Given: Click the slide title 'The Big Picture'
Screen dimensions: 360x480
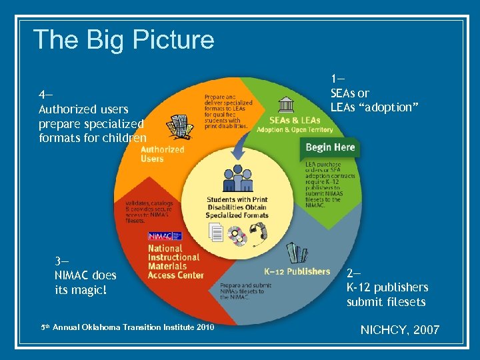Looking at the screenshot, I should [x=123, y=40].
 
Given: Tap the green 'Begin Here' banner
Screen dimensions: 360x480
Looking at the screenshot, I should [x=330, y=147].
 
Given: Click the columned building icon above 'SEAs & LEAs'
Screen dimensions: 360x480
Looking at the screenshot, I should [x=287, y=104].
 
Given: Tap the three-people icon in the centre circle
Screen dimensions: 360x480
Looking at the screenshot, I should [x=237, y=176].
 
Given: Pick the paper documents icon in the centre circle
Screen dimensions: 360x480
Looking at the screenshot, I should [x=217, y=233].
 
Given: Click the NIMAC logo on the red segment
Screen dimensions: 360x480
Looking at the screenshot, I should [x=161, y=236].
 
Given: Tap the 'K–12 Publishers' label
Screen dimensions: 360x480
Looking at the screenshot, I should [x=297, y=271].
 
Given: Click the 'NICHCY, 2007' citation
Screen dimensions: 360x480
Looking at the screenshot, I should [x=399, y=329].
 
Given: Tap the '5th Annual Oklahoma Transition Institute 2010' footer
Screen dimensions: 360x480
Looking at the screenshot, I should [x=127, y=327].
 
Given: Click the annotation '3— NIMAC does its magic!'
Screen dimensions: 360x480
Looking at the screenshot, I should [x=85, y=275].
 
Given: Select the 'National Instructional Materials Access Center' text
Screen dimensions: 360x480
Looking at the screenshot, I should [x=175, y=261].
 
